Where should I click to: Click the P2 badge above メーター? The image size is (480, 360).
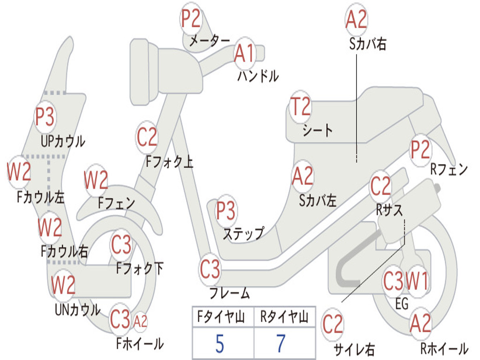[x=191, y=19]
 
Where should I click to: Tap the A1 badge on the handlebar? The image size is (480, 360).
[x=245, y=53]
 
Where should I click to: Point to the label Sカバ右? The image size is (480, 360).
[x=367, y=44]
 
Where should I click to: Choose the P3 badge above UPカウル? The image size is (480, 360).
[x=45, y=117]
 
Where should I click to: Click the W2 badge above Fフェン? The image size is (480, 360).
[x=96, y=180]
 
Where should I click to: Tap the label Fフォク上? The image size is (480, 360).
[x=169, y=161]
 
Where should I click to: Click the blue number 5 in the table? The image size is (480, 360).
[x=220, y=344]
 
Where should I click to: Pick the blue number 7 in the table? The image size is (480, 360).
[x=281, y=343]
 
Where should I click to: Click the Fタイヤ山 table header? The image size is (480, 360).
[x=221, y=317]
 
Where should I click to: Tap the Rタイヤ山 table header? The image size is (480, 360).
[x=284, y=317]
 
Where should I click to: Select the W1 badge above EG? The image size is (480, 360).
[x=417, y=281]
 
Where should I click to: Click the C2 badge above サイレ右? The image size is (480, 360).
[x=332, y=324]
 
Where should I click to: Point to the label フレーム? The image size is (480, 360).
[x=230, y=293]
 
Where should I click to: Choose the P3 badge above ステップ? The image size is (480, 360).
[x=225, y=210]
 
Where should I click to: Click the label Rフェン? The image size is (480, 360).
[x=449, y=169]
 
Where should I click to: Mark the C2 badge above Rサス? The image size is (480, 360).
[x=381, y=186]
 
